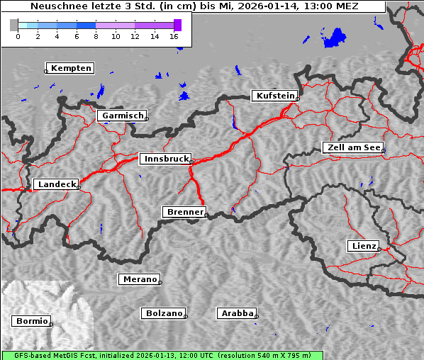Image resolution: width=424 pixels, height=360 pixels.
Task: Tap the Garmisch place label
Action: point(123,116)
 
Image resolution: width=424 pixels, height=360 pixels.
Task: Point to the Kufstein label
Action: point(274,96)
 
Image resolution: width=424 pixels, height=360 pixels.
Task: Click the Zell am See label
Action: point(352,147)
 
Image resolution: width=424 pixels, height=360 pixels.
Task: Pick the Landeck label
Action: point(56,184)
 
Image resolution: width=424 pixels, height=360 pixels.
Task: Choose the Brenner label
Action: point(184,212)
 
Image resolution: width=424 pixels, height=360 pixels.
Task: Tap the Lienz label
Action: point(363,246)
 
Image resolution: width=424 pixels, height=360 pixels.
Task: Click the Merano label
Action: point(138,279)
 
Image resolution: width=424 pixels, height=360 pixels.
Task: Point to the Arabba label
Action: point(236,313)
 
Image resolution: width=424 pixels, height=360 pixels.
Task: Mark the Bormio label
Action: point(31,321)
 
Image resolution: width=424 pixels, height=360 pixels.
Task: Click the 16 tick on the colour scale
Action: point(174,36)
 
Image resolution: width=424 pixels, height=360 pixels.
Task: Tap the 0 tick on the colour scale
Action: point(17,36)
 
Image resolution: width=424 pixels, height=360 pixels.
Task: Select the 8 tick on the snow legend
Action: point(96,36)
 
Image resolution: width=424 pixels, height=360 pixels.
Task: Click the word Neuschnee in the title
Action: point(55,6)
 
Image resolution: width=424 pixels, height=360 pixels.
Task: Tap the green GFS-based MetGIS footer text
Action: point(162,355)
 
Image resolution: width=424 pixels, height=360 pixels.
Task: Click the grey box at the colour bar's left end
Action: point(13,25)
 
